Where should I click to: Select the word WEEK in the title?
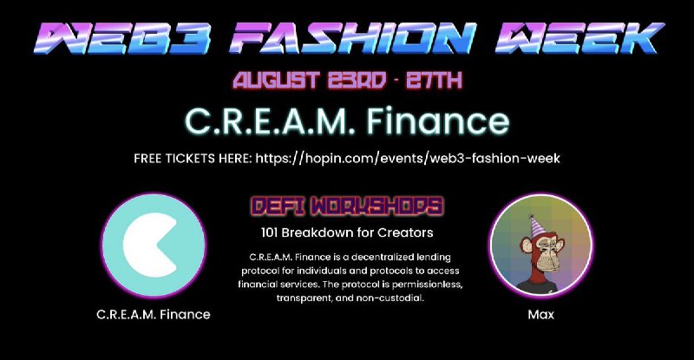pos(579,38)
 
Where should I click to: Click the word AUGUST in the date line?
pos(276,80)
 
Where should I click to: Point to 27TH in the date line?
pos(435,80)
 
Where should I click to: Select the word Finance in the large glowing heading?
pos(438,121)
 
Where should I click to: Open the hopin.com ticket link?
pos(408,159)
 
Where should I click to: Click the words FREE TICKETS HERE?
pos(193,159)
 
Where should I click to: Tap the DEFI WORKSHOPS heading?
pos(347,206)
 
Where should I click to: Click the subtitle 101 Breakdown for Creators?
pos(347,232)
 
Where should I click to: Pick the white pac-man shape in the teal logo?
pos(150,245)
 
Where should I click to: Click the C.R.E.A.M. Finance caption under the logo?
pos(154,314)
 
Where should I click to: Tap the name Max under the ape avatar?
pos(540,314)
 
